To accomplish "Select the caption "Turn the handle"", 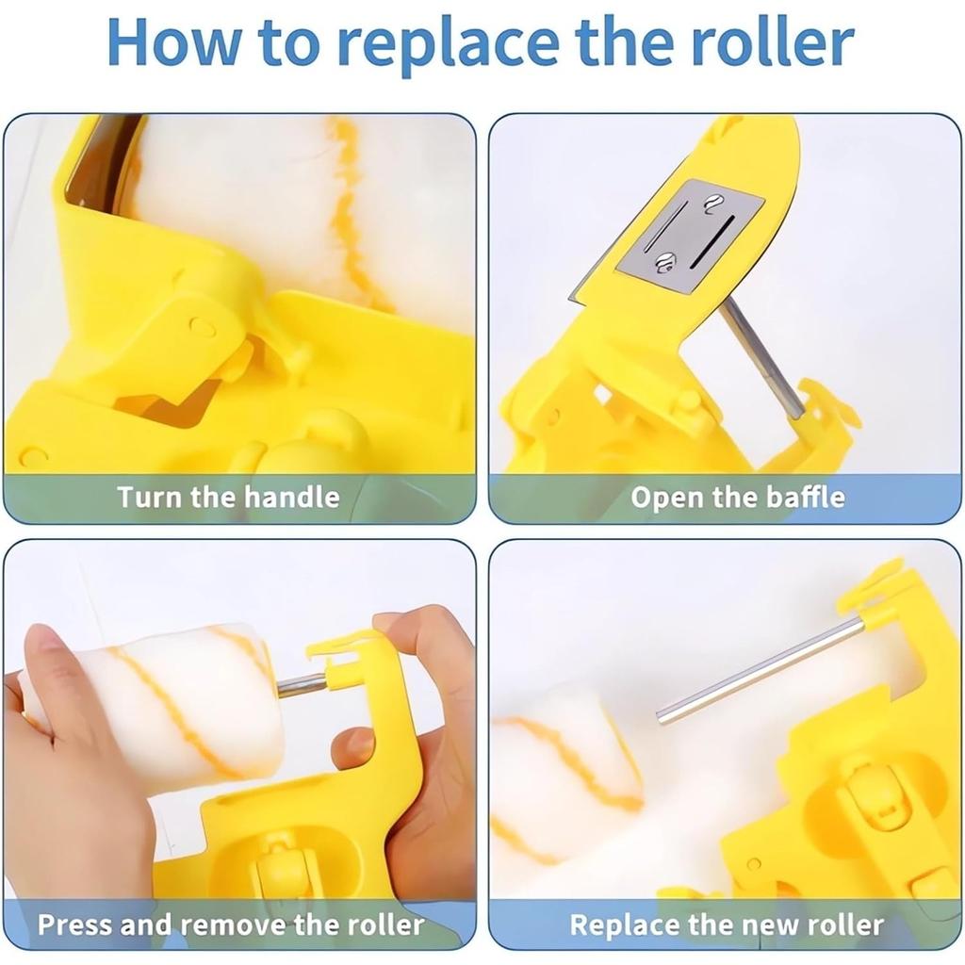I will (x=228, y=497).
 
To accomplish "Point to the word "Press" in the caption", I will (x=76, y=924).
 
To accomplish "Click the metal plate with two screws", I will (x=690, y=237).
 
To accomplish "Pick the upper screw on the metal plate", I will (x=714, y=201).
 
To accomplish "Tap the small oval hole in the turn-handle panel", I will (x=201, y=327).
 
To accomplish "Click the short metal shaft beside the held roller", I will (x=301, y=684).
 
